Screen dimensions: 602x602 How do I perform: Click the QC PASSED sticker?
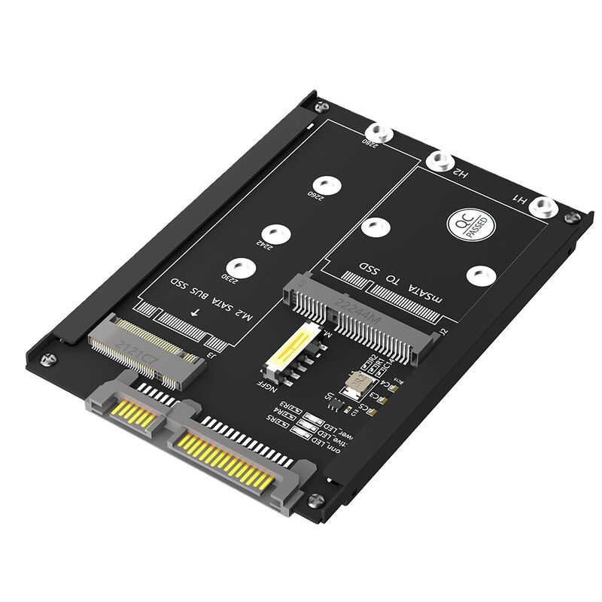(x=467, y=223)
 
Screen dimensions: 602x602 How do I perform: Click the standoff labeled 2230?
(x=239, y=266)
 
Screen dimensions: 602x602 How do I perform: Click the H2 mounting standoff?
(x=439, y=160)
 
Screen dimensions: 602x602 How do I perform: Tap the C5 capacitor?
(x=360, y=410)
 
